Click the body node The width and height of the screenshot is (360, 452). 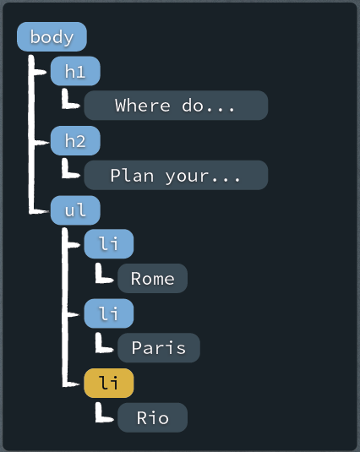click(52, 36)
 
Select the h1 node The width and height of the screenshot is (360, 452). click(75, 71)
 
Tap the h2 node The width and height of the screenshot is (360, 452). click(75, 141)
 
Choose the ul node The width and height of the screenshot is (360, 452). click(75, 210)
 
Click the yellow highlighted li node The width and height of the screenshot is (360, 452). click(109, 383)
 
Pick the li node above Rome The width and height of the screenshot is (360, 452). click(109, 244)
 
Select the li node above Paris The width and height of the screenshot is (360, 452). click(109, 313)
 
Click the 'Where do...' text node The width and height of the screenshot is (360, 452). click(176, 106)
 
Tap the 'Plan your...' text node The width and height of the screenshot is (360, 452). click(176, 175)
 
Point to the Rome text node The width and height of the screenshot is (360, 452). click(152, 278)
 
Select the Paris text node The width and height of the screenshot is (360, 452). click(159, 347)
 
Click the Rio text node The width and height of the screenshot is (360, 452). click(152, 417)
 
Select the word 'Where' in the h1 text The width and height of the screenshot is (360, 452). click(143, 106)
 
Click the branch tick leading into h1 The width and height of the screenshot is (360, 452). click(40, 72)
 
